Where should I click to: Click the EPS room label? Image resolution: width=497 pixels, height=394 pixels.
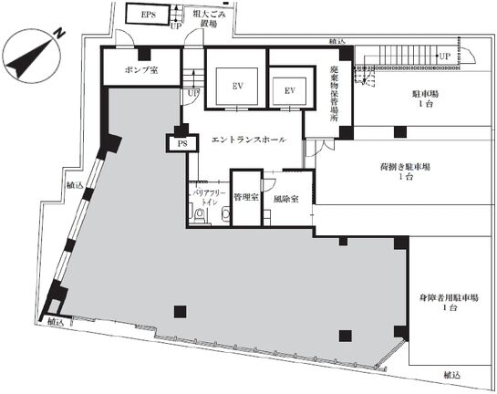pos(147,16)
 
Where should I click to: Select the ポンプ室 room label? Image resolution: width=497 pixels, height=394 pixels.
pos(141,70)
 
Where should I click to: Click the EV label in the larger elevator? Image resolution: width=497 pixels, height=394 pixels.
pos(236,87)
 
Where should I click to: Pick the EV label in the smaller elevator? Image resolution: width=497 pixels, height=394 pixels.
pos(290,91)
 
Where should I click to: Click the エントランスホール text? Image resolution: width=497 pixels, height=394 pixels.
pos(249,140)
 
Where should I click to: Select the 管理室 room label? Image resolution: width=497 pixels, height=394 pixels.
pos(245,196)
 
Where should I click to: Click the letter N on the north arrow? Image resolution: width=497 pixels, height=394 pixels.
pos(57,32)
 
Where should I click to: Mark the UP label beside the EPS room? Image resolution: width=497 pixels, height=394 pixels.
pos(175,26)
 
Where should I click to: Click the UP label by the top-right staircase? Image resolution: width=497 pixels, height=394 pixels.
pos(444,57)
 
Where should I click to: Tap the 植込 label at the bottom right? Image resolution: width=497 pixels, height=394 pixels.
pos(452,376)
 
